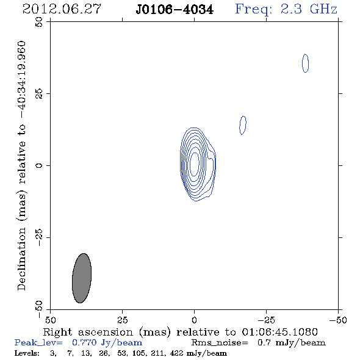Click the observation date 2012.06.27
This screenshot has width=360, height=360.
(x=62, y=9)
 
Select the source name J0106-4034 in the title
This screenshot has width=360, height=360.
(x=175, y=10)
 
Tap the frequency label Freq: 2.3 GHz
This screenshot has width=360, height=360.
(x=286, y=9)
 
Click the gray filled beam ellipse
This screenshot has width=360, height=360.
(x=82, y=278)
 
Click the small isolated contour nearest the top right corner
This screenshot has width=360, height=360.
(x=305, y=63)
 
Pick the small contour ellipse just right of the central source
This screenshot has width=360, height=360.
(x=243, y=125)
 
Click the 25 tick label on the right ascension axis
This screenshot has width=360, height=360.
(x=122, y=320)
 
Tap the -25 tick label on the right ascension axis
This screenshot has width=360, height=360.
(x=266, y=320)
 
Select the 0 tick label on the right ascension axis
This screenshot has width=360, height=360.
(x=194, y=320)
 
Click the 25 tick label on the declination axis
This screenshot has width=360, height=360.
(x=39, y=94)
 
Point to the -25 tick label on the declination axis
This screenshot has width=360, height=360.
(x=39, y=237)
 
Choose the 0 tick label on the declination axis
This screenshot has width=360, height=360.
(x=39, y=165)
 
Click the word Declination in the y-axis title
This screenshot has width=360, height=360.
(x=21, y=259)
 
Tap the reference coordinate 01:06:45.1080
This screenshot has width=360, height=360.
(x=279, y=332)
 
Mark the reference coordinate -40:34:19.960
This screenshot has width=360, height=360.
(x=21, y=80)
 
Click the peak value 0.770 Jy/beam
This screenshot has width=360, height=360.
(x=107, y=343)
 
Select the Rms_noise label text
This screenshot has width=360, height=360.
(x=220, y=343)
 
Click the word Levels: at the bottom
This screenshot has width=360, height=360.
(x=27, y=353)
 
